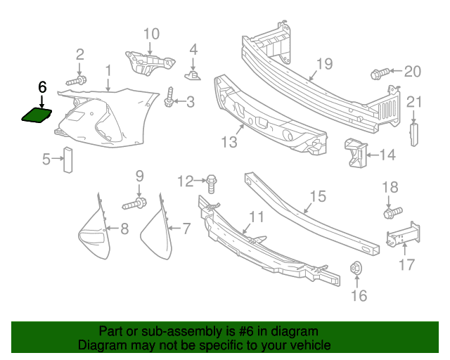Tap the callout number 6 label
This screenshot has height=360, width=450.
point(41,87)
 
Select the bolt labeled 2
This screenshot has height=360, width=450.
point(78,81)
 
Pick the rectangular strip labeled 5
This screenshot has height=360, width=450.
point(68,160)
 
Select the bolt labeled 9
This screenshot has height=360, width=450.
point(135,205)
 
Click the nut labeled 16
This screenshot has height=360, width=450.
point(356,268)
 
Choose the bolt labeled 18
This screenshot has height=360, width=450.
point(392,210)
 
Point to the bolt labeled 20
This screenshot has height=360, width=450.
point(379,72)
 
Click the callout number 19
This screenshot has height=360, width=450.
point(323,65)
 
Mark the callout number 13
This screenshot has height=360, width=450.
point(229,142)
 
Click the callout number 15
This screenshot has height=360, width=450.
point(318,195)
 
